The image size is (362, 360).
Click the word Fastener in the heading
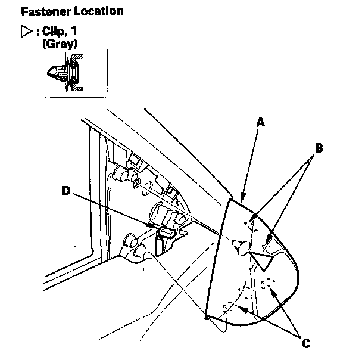coord(43,11)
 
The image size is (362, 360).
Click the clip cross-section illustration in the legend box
coord(63,73)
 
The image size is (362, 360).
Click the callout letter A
coord(260,122)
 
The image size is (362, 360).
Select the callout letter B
coord(319,148)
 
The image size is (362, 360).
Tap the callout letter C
coord(305,343)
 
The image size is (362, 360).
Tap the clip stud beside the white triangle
coord(241,246)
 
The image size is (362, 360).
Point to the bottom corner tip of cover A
coord(207,318)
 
